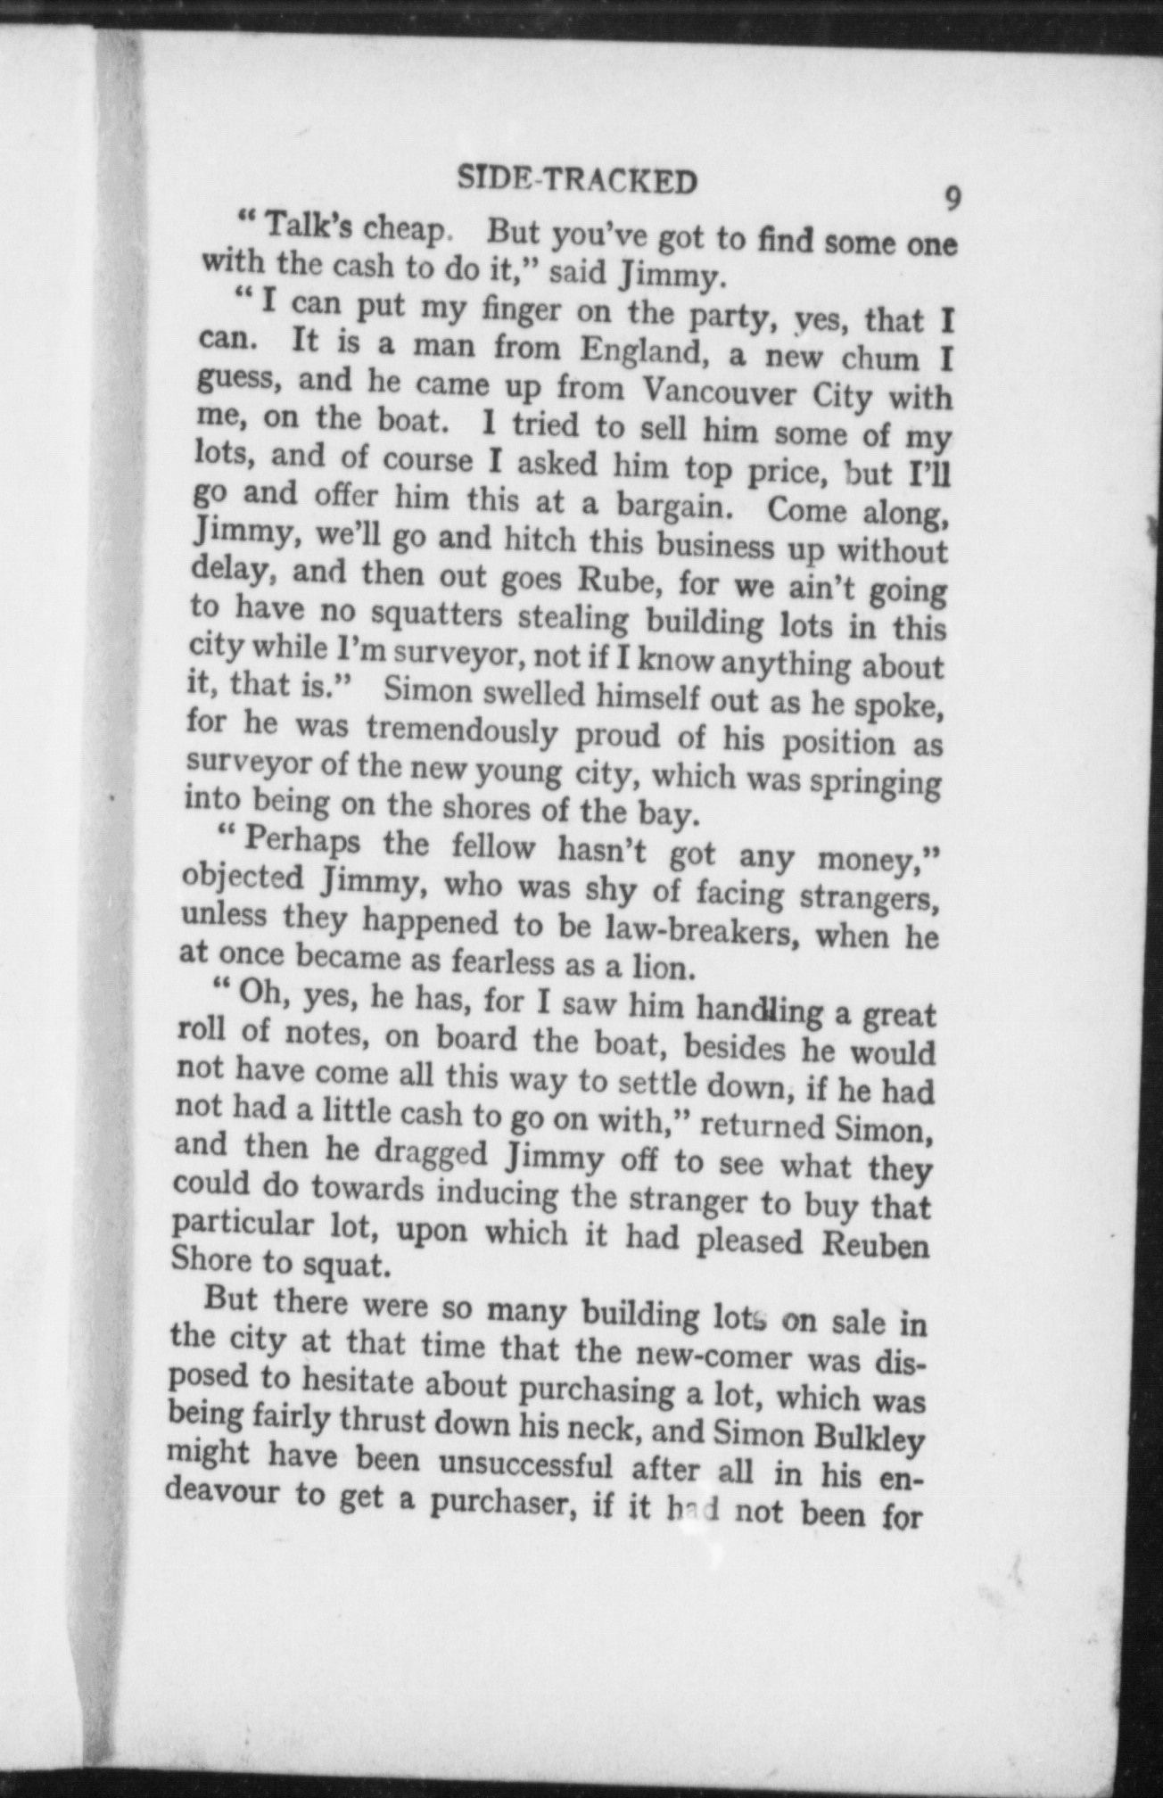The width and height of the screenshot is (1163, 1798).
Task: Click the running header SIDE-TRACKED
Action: click(x=576, y=181)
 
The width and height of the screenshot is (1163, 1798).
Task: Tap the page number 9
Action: click(x=953, y=198)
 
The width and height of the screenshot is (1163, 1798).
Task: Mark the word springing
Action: click(x=873, y=782)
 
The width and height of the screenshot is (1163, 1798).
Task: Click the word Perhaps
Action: click(x=301, y=841)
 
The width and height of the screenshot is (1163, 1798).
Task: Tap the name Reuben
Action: click(x=875, y=1244)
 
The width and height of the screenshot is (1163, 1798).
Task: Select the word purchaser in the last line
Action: click(x=501, y=1505)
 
